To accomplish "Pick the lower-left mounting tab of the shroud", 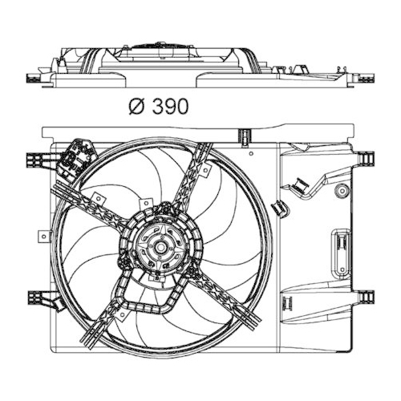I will coord(36,298).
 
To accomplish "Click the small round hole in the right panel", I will coord(342,191).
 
